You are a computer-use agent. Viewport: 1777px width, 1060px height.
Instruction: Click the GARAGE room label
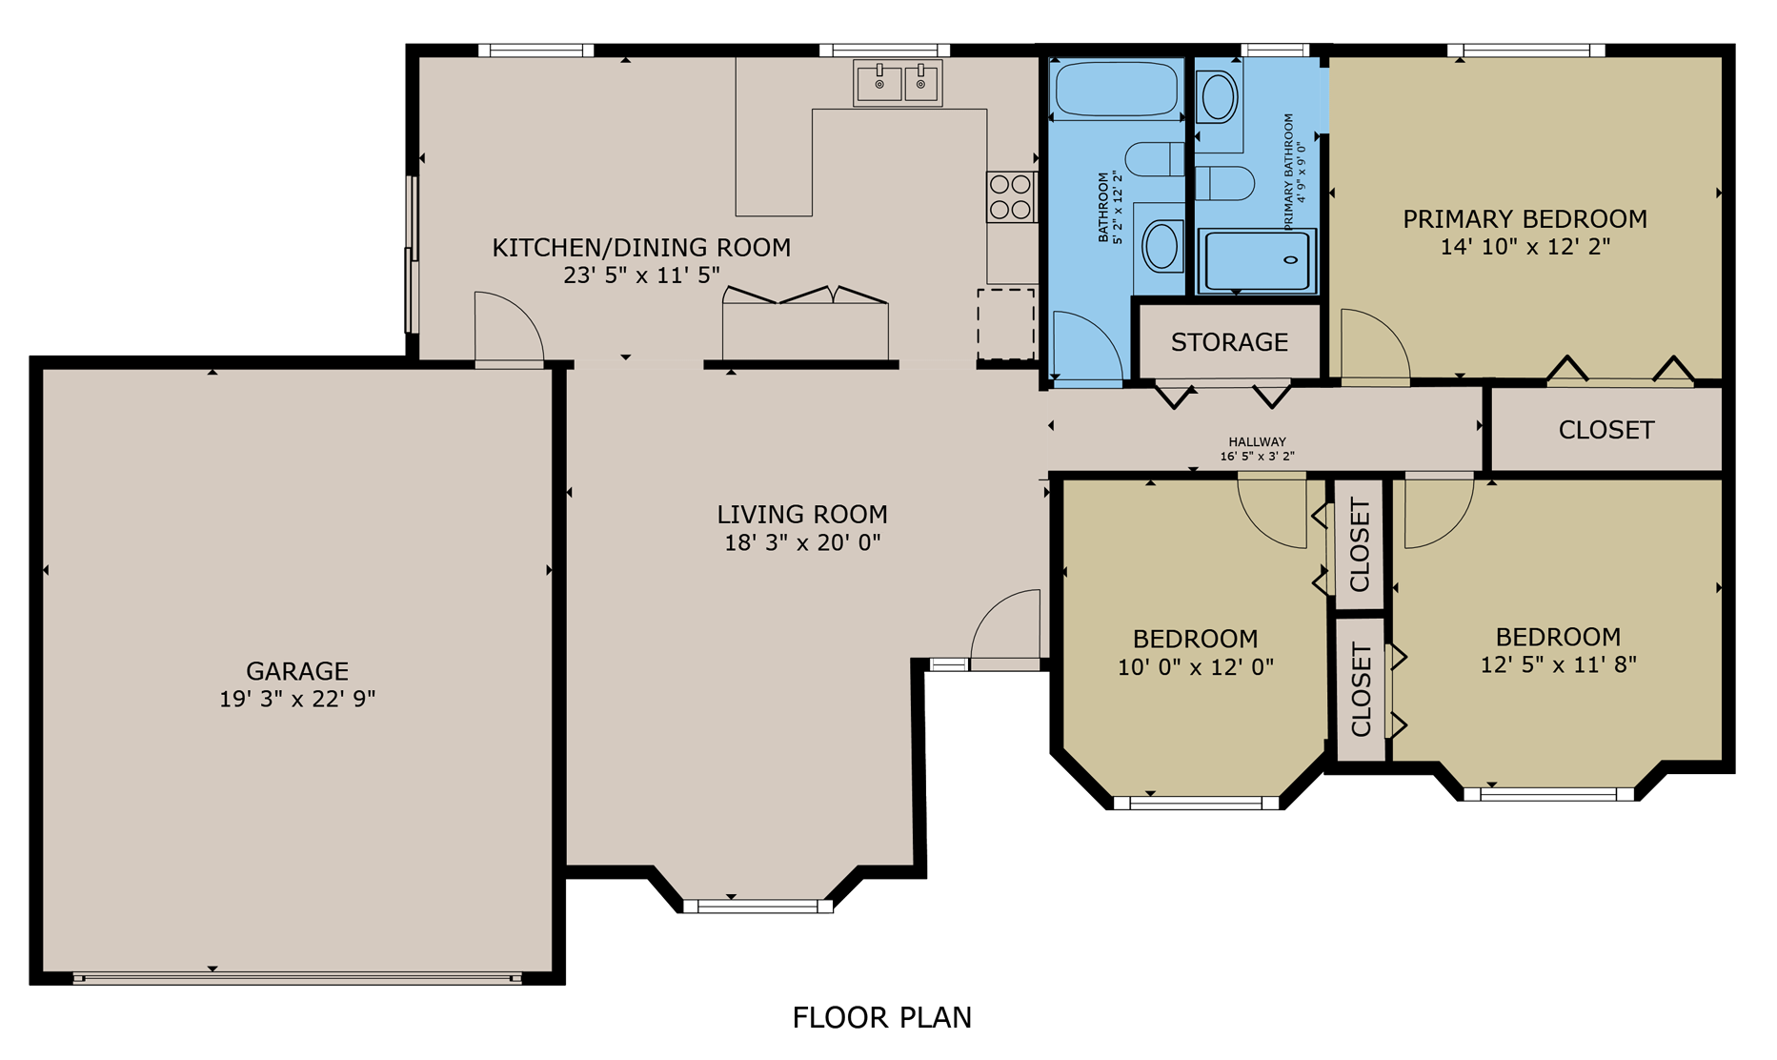(297, 671)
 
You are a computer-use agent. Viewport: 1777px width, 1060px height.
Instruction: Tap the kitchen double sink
(898, 83)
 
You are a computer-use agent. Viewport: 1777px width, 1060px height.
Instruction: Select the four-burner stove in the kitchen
(1011, 196)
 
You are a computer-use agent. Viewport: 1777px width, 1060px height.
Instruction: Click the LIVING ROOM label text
(802, 515)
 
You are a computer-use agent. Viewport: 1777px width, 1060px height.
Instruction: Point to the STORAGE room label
(1229, 342)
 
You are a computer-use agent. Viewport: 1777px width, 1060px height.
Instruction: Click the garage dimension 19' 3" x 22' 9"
(297, 699)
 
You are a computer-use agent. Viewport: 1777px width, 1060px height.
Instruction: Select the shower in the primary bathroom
(1257, 260)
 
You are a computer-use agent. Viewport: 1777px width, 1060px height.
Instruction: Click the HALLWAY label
(1257, 441)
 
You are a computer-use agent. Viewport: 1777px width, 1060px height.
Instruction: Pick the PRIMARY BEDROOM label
(1525, 219)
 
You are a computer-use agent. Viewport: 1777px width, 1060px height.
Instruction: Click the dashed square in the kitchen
(1005, 324)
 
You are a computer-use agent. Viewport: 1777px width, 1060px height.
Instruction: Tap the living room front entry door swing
(1005, 624)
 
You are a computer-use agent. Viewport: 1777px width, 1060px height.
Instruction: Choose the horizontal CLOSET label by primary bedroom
(1605, 430)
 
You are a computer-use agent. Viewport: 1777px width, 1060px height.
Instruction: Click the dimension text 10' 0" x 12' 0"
(1195, 667)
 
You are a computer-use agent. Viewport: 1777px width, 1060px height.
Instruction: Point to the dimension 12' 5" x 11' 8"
(1558, 664)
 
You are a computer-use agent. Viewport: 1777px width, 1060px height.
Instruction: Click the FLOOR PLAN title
(881, 1018)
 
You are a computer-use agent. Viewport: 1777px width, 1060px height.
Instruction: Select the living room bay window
(758, 907)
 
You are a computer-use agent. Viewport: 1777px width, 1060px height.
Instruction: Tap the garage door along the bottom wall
(297, 978)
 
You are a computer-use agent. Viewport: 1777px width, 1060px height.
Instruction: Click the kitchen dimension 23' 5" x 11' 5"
(641, 275)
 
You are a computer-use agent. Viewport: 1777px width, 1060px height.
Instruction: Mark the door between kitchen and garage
(510, 329)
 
